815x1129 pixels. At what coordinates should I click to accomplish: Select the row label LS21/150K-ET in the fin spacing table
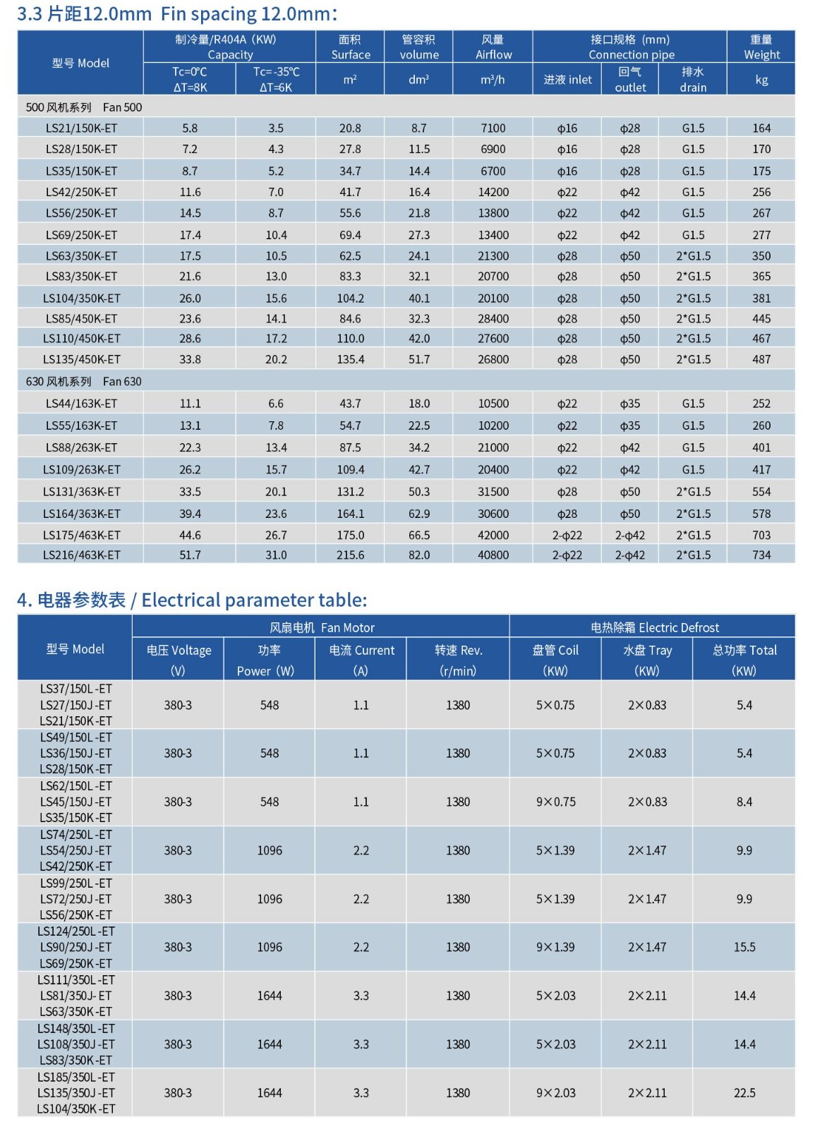[x=81, y=128]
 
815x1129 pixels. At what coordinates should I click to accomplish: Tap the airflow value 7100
[x=493, y=128]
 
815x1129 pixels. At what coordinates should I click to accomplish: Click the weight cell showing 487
[x=761, y=359]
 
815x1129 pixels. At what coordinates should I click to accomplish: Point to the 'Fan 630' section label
[x=122, y=382]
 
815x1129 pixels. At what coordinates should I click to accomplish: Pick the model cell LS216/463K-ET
[x=81, y=555]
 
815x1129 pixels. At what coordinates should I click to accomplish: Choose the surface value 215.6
[x=350, y=555]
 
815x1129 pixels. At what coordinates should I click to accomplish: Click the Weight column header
[x=761, y=47]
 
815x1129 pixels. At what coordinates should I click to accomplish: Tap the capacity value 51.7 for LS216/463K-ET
[x=190, y=555]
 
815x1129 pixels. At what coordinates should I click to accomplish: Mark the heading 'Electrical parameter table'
[x=254, y=600]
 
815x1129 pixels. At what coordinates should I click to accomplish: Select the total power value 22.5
[x=744, y=1093]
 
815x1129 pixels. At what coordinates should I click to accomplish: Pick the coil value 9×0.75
[x=555, y=802]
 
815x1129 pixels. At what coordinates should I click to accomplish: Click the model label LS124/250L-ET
[x=76, y=931]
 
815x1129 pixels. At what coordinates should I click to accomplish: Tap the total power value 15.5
[x=744, y=947]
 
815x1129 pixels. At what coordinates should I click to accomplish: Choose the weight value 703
[x=761, y=535]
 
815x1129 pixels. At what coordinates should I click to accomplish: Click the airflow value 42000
[x=493, y=535]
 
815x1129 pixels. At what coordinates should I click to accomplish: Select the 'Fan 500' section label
[x=122, y=107]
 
